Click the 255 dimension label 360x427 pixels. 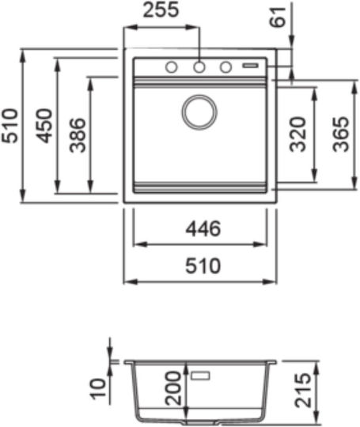[x=161, y=10]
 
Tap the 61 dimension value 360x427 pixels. [x=278, y=17]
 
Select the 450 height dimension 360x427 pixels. [x=45, y=126]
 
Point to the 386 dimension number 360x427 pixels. [x=78, y=135]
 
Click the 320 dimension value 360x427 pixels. [x=297, y=134]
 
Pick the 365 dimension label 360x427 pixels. [x=341, y=134]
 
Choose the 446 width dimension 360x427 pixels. [x=203, y=229]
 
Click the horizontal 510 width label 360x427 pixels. [x=203, y=266]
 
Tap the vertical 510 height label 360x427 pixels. [x=10, y=126]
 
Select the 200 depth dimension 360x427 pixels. [x=173, y=388]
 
